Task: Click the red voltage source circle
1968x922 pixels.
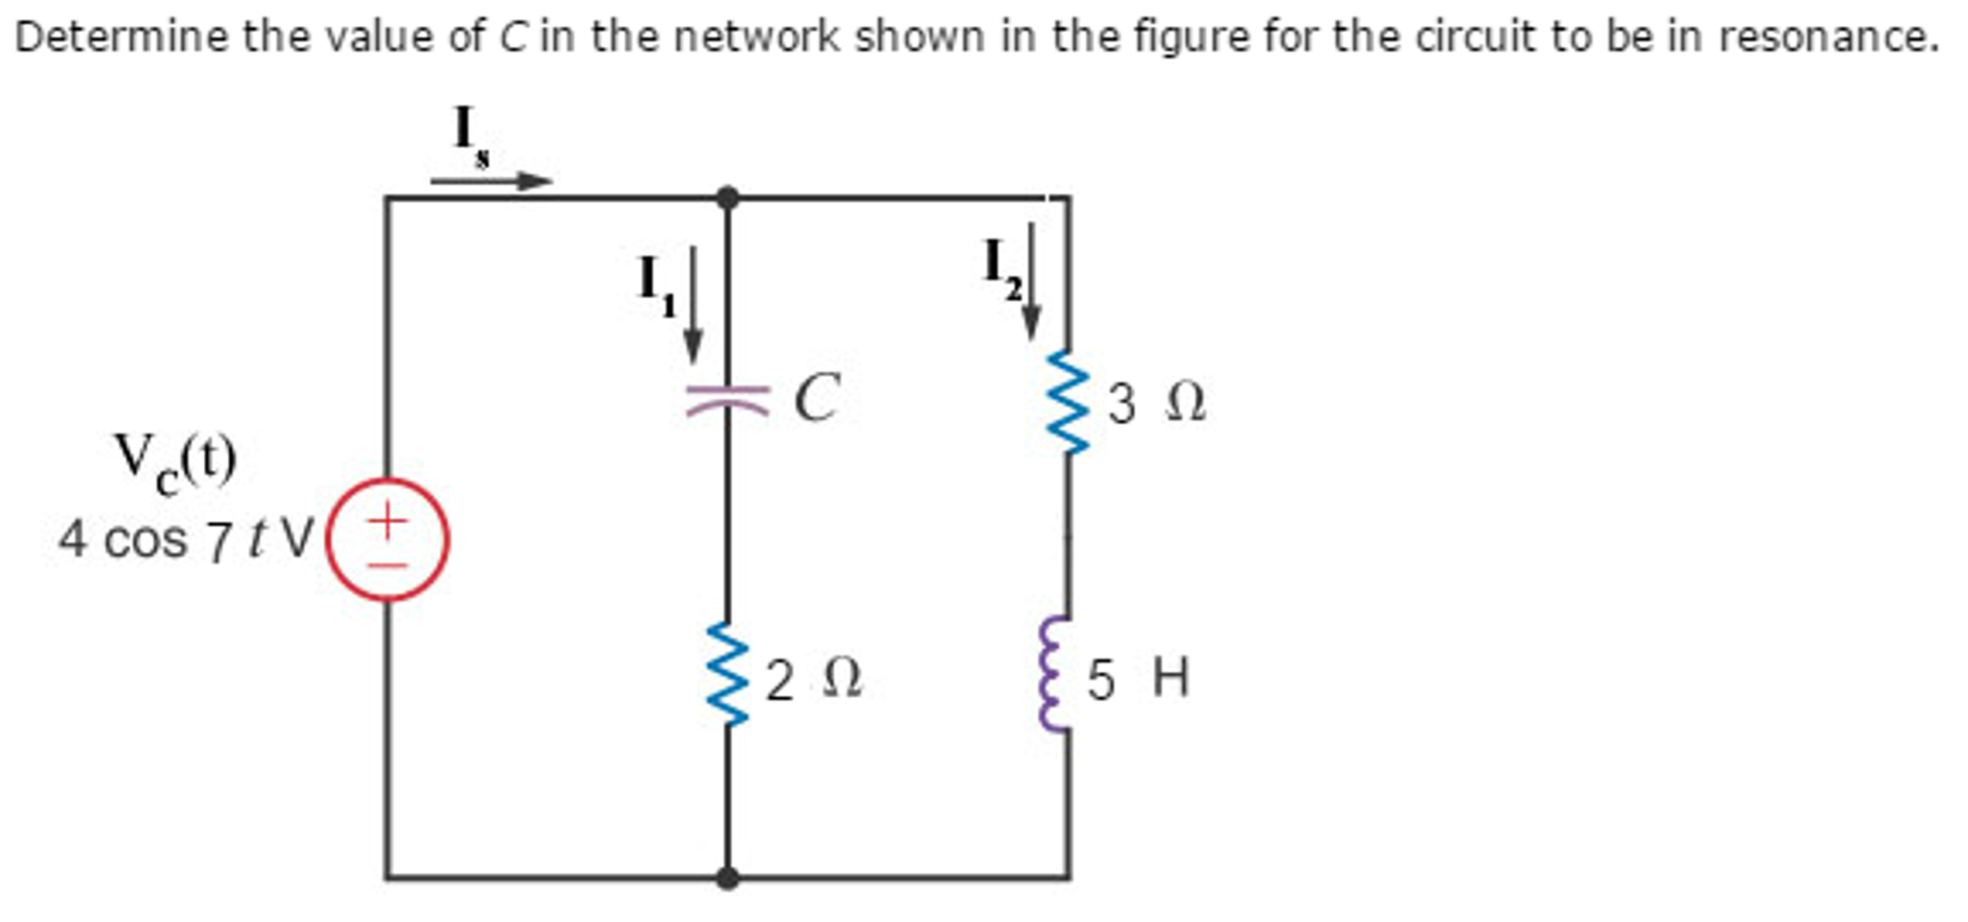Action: tap(387, 539)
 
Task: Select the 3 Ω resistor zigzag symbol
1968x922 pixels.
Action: tap(1068, 402)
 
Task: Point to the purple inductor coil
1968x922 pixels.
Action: tap(1055, 675)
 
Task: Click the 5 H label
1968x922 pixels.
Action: tap(1138, 679)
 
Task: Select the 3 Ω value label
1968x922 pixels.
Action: tap(1155, 403)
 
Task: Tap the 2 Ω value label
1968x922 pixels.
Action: tap(814, 680)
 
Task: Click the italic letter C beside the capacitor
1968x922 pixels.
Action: tap(817, 397)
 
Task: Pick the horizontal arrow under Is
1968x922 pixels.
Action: tap(491, 181)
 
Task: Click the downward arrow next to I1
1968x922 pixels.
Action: tap(693, 306)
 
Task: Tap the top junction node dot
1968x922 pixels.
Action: tap(728, 198)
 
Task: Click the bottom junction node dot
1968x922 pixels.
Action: tap(728, 877)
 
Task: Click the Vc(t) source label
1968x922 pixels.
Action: tap(174, 462)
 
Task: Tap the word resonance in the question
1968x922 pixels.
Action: tap(1827, 37)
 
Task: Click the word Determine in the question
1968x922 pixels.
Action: tap(121, 37)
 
